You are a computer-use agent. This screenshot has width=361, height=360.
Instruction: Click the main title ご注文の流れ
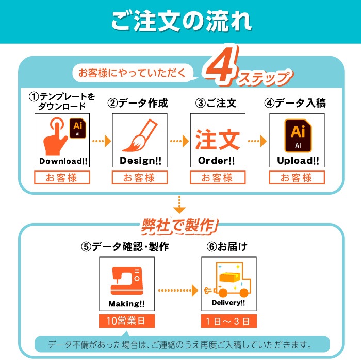click(181, 22)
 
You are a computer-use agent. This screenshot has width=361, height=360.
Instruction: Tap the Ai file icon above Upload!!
click(297, 135)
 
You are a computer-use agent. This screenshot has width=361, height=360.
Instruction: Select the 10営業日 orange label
click(126, 321)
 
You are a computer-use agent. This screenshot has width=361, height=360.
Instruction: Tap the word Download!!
click(63, 161)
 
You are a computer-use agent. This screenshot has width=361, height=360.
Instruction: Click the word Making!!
click(126, 303)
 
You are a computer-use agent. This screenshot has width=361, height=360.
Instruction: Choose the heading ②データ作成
click(138, 103)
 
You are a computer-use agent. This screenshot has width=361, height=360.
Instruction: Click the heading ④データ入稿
click(296, 103)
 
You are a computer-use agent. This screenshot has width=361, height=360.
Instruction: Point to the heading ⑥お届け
click(227, 247)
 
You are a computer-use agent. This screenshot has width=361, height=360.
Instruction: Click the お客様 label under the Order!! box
click(217, 178)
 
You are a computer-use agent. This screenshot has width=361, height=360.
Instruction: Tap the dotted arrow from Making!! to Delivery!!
click(177, 290)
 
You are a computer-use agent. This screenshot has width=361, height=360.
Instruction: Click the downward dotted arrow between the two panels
click(179, 204)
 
